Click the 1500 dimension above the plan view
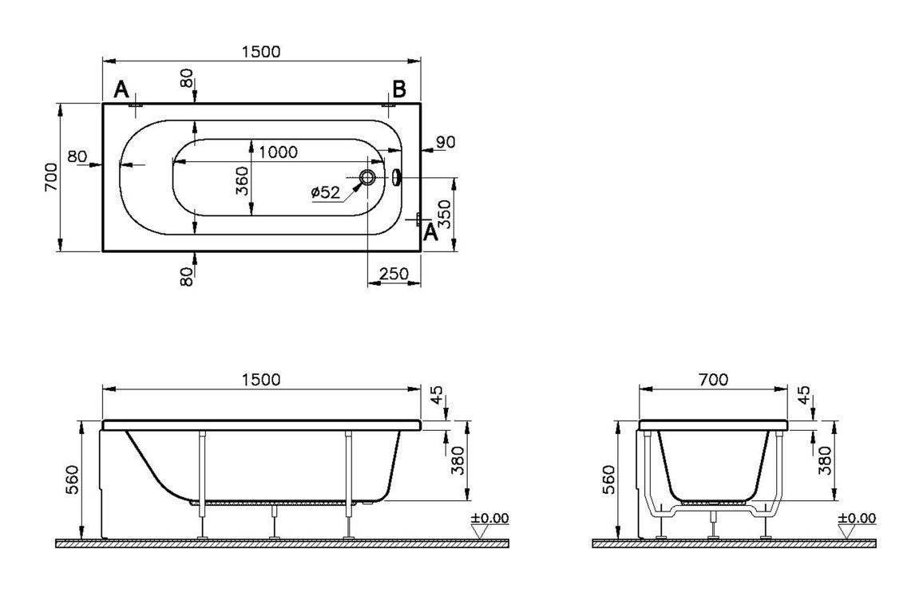point(261,51)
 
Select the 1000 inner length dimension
point(278,152)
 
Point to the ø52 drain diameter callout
point(325,191)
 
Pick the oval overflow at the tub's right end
point(397,177)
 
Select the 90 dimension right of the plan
point(446,142)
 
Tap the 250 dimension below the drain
point(394,274)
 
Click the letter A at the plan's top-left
point(121,89)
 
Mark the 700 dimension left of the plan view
point(50,177)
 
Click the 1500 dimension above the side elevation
point(261,380)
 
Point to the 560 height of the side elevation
point(72,479)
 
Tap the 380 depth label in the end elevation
point(826,460)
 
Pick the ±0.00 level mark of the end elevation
point(856,519)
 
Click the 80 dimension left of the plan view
point(77,156)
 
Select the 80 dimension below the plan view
point(186,276)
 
